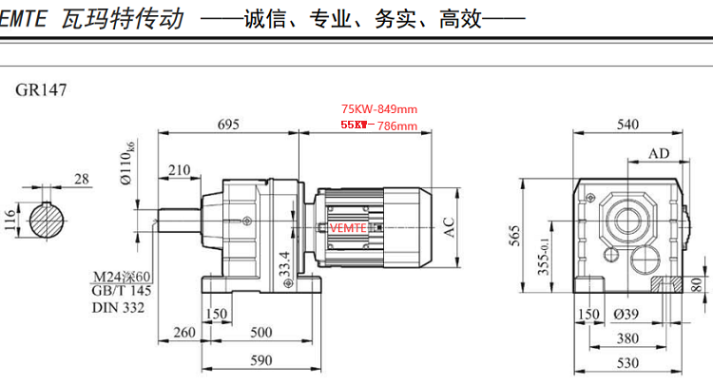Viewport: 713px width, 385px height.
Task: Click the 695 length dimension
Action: [x=229, y=125]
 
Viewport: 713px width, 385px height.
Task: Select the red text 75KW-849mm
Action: [x=378, y=109]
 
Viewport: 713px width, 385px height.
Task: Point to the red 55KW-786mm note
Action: [x=378, y=125]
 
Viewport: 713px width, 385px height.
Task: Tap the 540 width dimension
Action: [x=627, y=125]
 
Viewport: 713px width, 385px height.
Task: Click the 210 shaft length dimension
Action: [x=178, y=170]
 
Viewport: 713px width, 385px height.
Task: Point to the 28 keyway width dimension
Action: [x=81, y=178]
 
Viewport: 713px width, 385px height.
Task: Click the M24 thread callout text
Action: [x=123, y=276]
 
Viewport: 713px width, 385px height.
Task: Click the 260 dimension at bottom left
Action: [x=183, y=332]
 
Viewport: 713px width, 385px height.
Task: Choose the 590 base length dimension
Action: [x=260, y=359]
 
